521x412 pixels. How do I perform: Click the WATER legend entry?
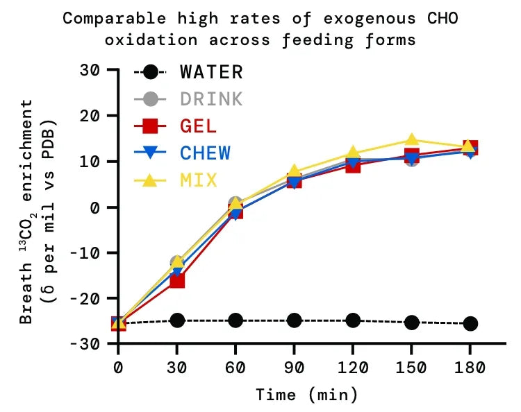click(x=211, y=71)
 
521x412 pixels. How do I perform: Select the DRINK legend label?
click(x=211, y=99)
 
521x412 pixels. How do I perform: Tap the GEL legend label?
click(x=198, y=126)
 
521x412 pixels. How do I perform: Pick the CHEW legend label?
click(x=205, y=153)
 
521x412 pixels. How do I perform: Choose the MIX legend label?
click(x=198, y=180)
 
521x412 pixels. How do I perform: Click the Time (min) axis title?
click(x=306, y=395)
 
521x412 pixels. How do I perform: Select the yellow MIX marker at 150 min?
click(x=412, y=141)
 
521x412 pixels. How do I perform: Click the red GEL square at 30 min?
click(x=177, y=280)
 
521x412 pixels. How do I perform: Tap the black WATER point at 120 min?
click(x=353, y=320)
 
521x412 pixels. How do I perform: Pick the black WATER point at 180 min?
click(x=470, y=323)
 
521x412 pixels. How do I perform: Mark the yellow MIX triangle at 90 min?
click(x=294, y=171)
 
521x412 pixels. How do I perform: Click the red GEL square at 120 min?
click(x=353, y=166)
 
